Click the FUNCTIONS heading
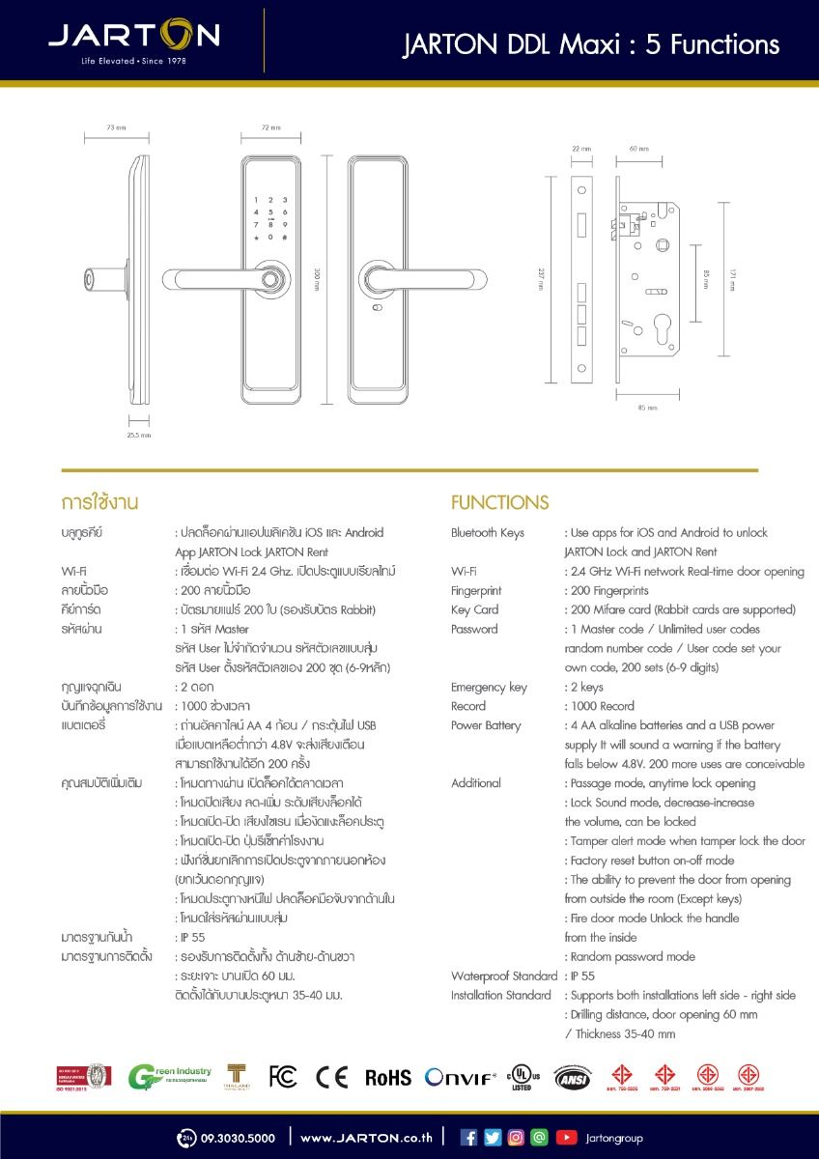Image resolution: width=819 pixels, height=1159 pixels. pyautogui.click(x=499, y=502)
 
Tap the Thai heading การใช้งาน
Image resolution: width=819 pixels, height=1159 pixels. pyautogui.click(x=100, y=502)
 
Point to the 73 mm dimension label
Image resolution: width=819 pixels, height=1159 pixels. pyautogui.click(x=116, y=127)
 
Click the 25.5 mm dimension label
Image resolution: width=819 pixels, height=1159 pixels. pyautogui.click(x=139, y=436)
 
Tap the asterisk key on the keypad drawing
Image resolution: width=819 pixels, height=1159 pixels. pyautogui.click(x=256, y=238)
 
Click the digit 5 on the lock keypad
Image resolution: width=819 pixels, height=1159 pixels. pyautogui.click(x=270, y=212)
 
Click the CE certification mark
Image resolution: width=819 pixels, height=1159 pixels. pyautogui.click(x=331, y=1077)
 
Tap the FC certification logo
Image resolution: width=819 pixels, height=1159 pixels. pyautogui.click(x=283, y=1077)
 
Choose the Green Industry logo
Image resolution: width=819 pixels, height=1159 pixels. pyautogui.click(x=169, y=1076)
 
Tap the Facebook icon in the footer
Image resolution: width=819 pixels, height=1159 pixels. pyautogui.click(x=469, y=1138)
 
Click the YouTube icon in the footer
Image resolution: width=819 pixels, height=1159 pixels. pyautogui.click(x=566, y=1138)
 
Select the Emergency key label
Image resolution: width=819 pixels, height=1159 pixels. pyautogui.click(x=489, y=687)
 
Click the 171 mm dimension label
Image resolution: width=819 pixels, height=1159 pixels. pyautogui.click(x=731, y=279)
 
